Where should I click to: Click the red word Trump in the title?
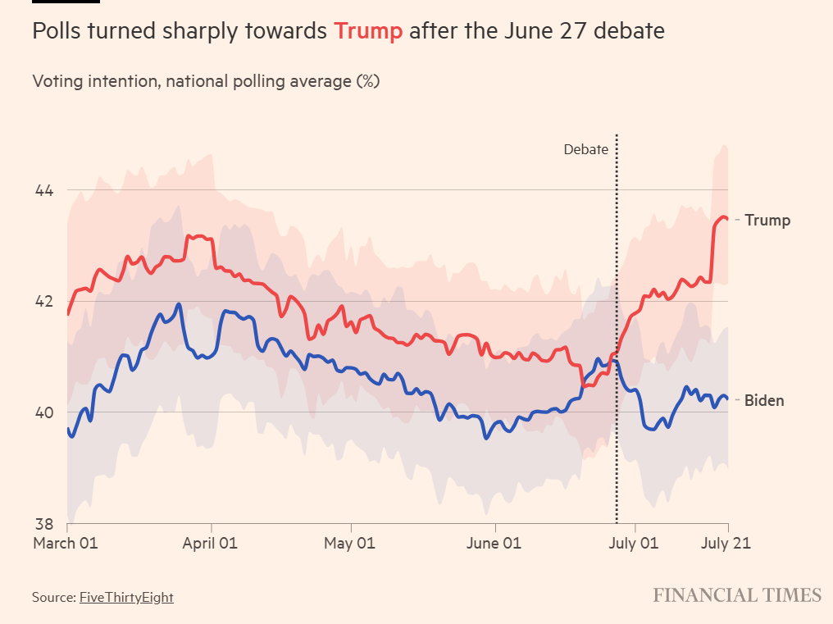[368, 32]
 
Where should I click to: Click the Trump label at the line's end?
[767, 220]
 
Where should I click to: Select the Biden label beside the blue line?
[764, 401]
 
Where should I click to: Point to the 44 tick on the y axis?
[43, 191]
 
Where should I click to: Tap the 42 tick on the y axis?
[43, 301]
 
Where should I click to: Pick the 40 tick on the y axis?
[43, 412]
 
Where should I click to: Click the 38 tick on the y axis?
[43, 524]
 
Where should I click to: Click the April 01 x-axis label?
[212, 543]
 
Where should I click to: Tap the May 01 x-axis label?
[350, 543]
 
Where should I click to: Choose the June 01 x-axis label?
[494, 543]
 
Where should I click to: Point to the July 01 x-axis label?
[635, 543]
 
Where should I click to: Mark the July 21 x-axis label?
[726, 543]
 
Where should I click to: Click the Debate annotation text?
[586, 149]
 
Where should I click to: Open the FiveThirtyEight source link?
[126, 597]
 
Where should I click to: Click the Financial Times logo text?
[737, 595]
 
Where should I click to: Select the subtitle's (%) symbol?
[367, 82]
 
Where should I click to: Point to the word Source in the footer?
[53, 597]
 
